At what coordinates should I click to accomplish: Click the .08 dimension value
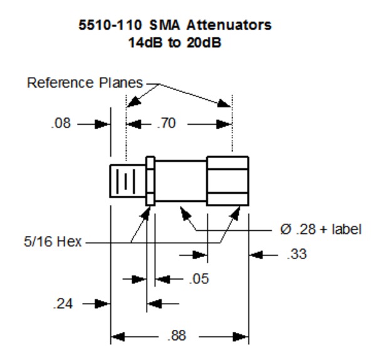click(x=61, y=124)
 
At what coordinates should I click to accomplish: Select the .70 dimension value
click(x=165, y=124)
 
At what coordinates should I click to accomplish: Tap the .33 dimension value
click(x=296, y=255)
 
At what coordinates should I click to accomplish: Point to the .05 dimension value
click(x=198, y=278)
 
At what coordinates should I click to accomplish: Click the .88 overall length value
click(x=176, y=336)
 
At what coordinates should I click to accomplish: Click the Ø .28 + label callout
click(x=320, y=229)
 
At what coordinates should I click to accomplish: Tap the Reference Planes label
click(x=85, y=83)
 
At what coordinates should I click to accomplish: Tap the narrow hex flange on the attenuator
click(x=150, y=181)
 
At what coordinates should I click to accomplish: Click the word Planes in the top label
click(x=122, y=83)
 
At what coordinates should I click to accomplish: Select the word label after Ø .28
click(x=348, y=229)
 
